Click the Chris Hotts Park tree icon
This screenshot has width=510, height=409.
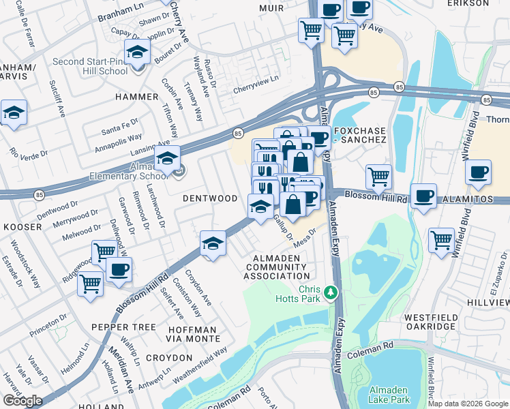click(x=331, y=292)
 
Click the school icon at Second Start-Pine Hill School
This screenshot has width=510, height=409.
click(x=137, y=52)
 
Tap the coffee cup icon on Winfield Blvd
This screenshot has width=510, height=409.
click(x=478, y=172)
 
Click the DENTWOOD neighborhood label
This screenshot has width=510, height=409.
click(x=210, y=198)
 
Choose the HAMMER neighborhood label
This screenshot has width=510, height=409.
click(x=136, y=97)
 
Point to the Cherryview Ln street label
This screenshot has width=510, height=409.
click(x=256, y=79)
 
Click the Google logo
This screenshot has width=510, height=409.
click(x=23, y=400)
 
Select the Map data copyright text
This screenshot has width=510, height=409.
click(x=468, y=404)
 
